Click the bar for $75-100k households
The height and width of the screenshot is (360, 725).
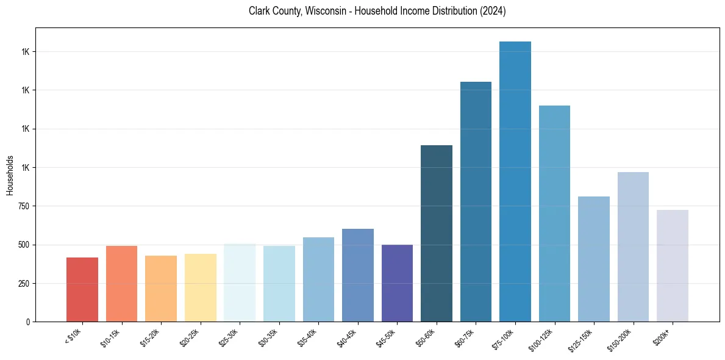point(515,181)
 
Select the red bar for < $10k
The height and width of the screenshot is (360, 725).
point(82,289)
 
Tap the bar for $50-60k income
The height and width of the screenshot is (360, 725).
point(437,233)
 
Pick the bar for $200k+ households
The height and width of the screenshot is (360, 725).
point(673,265)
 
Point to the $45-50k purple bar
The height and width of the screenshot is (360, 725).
point(397,283)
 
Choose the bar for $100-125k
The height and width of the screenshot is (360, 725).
point(554,214)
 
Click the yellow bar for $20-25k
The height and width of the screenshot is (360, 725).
point(201,287)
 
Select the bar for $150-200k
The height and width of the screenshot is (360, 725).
point(633,247)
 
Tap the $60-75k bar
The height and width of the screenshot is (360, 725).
point(476,201)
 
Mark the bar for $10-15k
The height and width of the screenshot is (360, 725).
point(121,283)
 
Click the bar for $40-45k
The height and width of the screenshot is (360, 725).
point(358,275)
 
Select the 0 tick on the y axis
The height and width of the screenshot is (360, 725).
point(28,322)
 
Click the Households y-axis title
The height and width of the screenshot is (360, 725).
point(10,175)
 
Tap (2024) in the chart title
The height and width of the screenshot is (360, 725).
point(493,11)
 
